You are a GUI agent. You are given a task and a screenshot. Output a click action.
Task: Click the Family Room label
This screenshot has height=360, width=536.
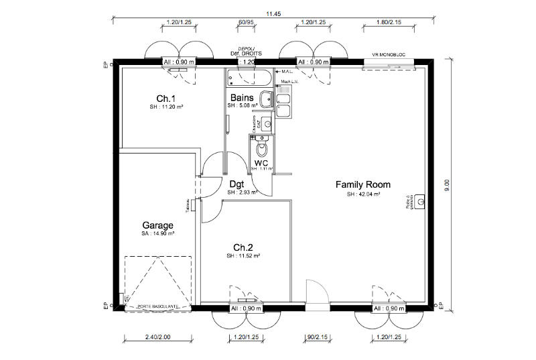click(x=362, y=184)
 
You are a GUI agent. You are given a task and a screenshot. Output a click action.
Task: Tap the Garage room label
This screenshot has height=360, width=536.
click(x=157, y=225)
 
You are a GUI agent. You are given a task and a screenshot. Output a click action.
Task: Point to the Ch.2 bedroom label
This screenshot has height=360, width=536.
click(x=243, y=246)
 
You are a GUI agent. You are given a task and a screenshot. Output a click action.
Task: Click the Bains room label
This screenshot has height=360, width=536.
click(x=242, y=97)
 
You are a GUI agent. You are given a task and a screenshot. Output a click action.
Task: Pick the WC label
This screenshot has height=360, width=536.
click(x=262, y=162)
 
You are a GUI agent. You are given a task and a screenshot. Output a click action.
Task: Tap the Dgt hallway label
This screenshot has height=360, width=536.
click(x=236, y=184)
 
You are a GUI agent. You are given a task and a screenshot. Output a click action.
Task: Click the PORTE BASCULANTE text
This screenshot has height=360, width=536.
click(x=157, y=306)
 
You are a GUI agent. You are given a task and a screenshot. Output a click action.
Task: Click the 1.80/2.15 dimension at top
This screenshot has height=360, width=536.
click(x=389, y=22)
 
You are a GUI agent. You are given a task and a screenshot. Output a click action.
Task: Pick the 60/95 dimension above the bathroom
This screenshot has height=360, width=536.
click(x=246, y=22)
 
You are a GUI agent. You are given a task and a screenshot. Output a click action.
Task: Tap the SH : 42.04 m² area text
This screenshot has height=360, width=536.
click(x=363, y=194)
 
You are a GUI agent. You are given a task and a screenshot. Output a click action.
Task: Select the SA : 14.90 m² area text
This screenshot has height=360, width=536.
click(x=157, y=234)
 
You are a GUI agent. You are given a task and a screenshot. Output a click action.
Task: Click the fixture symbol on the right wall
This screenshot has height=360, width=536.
click(x=419, y=201)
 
